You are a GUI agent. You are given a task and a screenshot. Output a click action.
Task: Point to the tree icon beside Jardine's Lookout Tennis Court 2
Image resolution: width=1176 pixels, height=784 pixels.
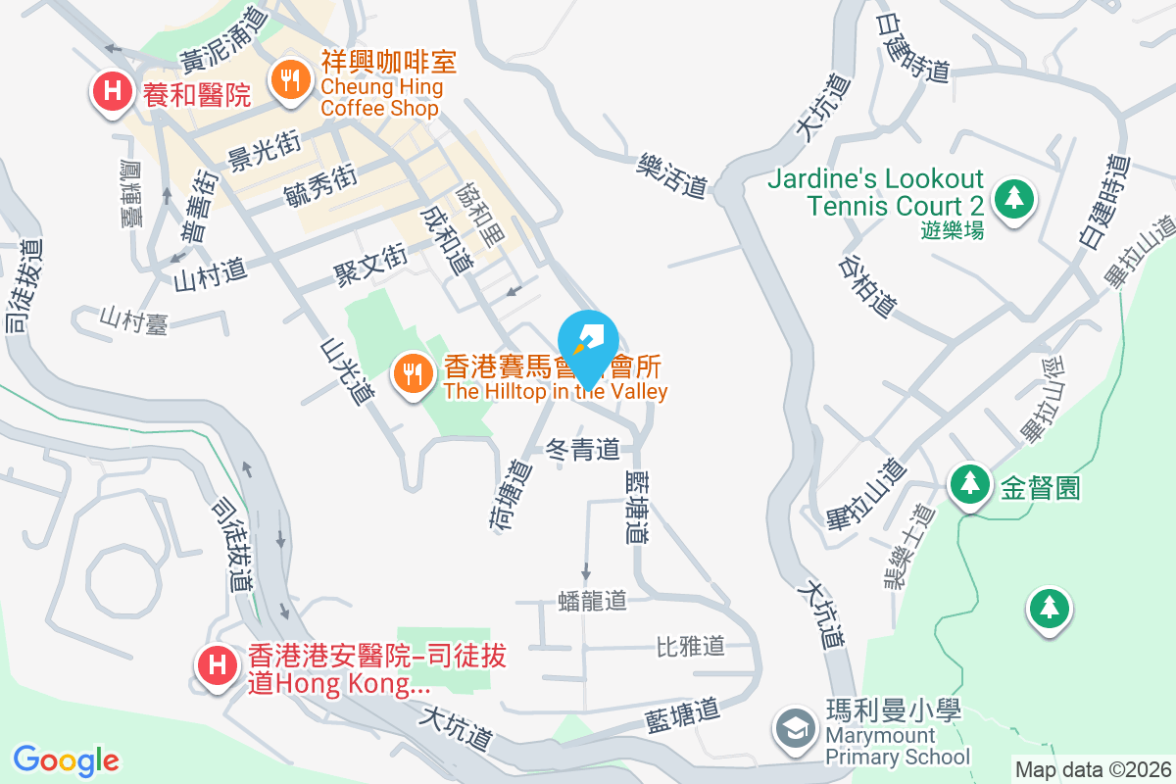click(1013, 199)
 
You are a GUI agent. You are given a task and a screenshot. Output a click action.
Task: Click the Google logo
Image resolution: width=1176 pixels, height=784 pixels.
click(66, 760)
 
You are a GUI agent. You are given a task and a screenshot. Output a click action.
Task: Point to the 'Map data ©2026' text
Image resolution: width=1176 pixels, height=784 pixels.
click(1093, 770)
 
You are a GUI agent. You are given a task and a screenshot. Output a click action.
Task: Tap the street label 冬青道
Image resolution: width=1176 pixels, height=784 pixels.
click(583, 450)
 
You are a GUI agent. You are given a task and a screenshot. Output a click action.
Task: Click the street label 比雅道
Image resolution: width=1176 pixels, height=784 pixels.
click(690, 646)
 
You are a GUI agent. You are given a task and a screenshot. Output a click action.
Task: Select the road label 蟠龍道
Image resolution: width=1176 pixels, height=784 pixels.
click(591, 600)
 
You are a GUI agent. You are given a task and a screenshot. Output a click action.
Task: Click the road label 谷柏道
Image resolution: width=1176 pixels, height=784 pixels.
click(868, 288)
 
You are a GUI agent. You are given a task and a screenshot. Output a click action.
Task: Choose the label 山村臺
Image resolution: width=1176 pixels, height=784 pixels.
click(134, 320)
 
